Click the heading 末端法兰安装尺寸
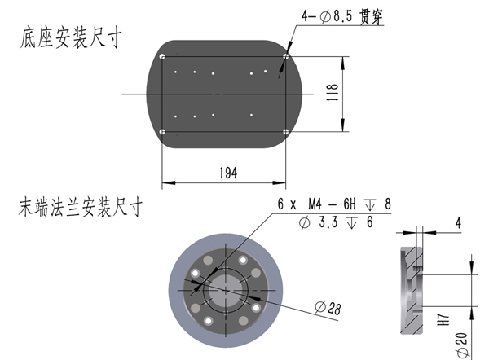point(81,208)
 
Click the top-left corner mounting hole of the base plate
point(163,57)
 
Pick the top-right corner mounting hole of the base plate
point(285,56)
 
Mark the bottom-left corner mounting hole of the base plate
point(163,132)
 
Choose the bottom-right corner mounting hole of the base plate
point(285,132)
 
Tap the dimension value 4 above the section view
point(458,222)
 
